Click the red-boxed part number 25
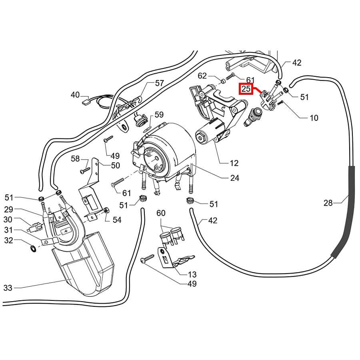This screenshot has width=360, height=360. (246, 89)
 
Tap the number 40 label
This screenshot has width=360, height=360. (75, 95)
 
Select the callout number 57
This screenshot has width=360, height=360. (148, 83)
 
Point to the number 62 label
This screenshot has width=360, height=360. (203, 76)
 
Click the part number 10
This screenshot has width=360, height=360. (314, 118)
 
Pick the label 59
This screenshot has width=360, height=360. (159, 115)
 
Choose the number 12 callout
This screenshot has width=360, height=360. (234, 163)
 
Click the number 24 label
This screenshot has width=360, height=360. (235, 178)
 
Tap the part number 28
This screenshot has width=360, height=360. (328, 203)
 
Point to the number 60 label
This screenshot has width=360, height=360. (161, 213)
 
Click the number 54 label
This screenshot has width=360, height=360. (117, 220)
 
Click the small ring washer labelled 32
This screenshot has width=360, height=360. (33, 249)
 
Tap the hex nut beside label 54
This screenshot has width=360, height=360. (106, 211)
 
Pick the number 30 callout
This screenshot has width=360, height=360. (8, 219)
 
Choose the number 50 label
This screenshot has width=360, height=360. (115, 165)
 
